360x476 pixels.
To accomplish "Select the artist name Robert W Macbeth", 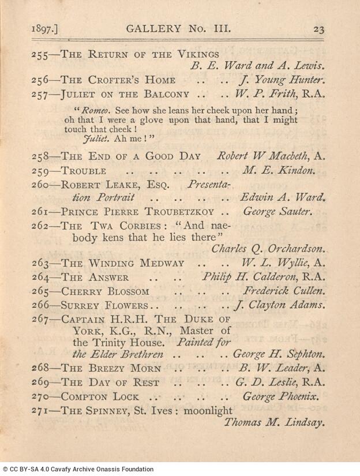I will [x=262, y=156].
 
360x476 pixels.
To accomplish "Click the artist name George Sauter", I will [x=277, y=211].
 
